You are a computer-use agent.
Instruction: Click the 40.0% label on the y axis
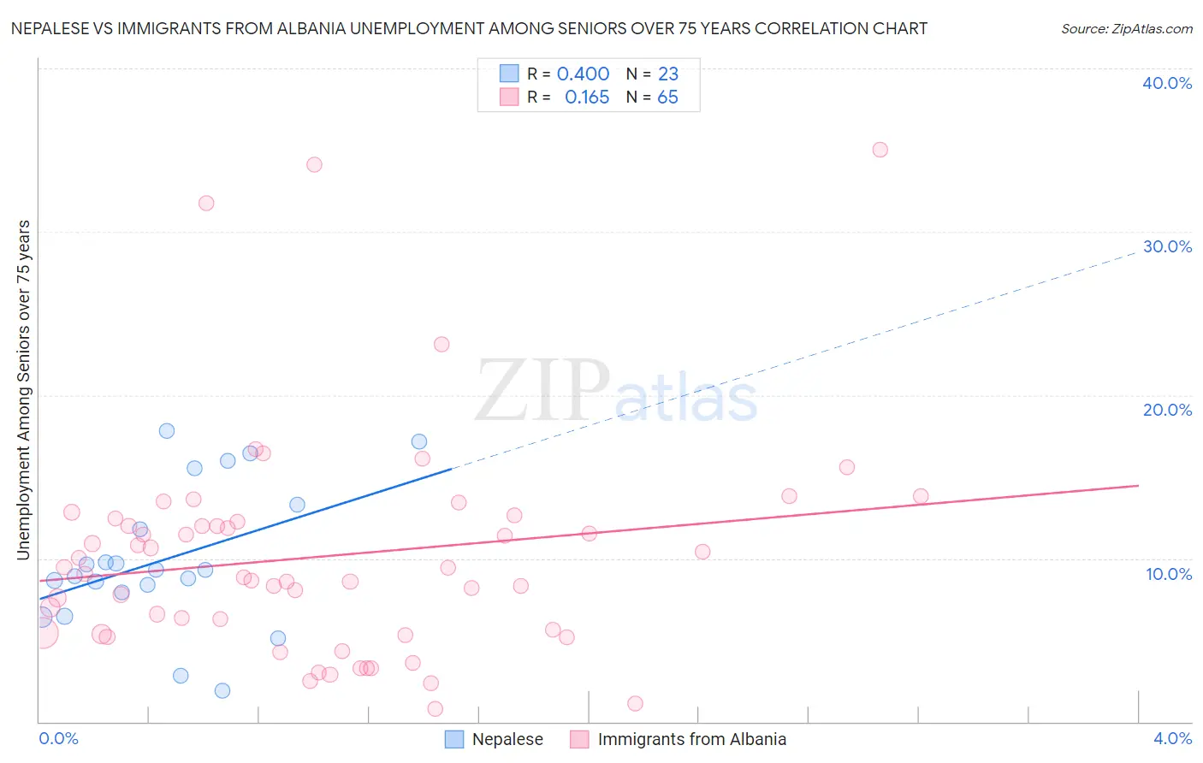point(1167,83)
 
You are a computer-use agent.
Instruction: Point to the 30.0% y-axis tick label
point(1167,246)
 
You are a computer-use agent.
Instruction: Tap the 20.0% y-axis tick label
point(1167,410)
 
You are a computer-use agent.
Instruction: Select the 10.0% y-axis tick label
point(1169,574)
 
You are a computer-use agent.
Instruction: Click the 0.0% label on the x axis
point(59,738)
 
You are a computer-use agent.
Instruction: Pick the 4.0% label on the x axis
point(1172,738)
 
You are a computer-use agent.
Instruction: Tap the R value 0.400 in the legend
point(583,74)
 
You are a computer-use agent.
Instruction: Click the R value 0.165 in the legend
point(587,98)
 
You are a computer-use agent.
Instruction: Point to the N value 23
point(668,74)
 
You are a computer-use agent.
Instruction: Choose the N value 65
point(667,98)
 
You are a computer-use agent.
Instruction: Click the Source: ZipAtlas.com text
point(1126,29)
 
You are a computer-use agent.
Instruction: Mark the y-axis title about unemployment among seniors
point(24,390)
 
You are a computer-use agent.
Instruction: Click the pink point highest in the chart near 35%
point(880,150)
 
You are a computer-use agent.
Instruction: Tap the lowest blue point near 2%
point(222,690)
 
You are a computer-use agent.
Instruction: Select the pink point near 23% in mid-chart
point(441,345)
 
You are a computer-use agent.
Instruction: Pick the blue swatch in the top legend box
point(509,74)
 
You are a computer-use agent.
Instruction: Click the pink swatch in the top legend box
point(509,97)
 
